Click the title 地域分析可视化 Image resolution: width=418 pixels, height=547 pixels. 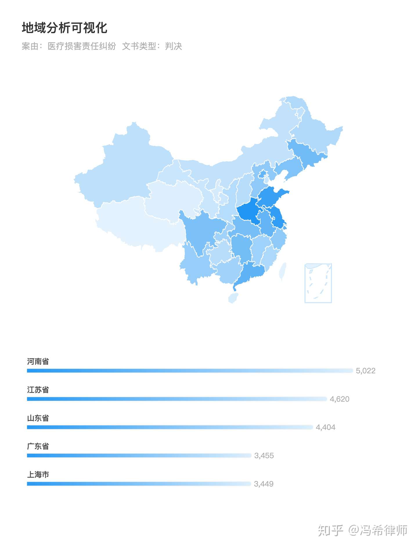pos(64,28)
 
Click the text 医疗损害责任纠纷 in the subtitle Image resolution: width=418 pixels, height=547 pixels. pos(82,46)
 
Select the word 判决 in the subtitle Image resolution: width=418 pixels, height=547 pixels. pos(173,46)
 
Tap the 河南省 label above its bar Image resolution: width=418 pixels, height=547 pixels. pos(38,361)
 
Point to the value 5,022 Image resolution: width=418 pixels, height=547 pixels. pos(365,371)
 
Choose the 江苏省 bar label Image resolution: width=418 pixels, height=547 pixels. pos(38,390)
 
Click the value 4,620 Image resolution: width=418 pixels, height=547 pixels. pos(339,399)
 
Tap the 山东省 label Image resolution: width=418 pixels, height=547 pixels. pos(38,418)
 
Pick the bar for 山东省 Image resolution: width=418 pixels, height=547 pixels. pos(170,427)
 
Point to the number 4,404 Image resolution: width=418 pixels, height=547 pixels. pos(325,427)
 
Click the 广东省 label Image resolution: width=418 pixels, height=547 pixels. pos(38,446)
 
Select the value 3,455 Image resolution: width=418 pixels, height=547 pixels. pos(264,456)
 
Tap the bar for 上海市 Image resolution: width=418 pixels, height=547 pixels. pos(139,484)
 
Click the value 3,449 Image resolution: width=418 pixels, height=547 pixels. pos(264,484)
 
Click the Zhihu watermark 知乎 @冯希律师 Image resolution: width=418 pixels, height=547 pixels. pos(362,530)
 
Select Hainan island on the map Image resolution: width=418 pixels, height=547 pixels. pos(233,298)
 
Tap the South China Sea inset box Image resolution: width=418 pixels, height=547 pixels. pos(318,283)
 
